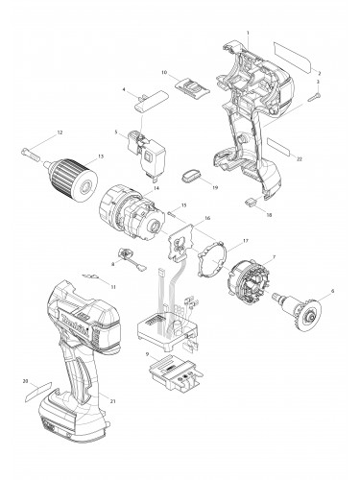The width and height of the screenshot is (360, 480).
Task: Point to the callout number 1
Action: pyautogui.click(x=248, y=34)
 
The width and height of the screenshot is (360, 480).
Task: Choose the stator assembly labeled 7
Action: pyautogui.click(x=255, y=283)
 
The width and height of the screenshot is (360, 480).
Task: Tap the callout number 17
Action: pyautogui.click(x=246, y=240)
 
